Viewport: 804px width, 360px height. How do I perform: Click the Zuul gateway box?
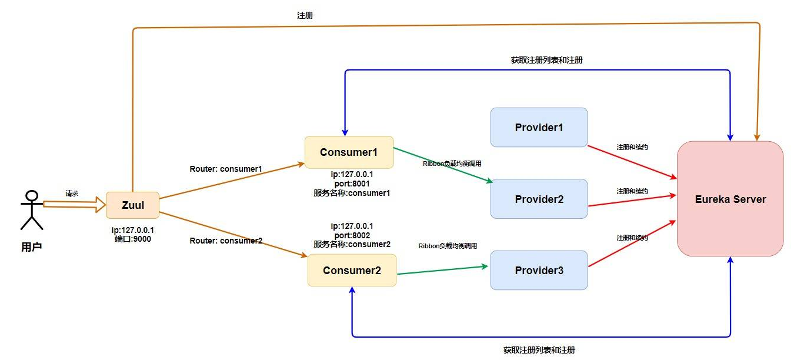(x=132, y=205)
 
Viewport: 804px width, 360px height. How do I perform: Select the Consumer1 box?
(x=349, y=152)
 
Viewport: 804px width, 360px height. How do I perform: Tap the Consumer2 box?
(x=352, y=270)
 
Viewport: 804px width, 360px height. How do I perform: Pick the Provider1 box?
(x=539, y=128)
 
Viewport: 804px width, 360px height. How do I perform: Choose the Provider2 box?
(x=539, y=199)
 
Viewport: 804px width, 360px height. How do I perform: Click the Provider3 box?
(x=539, y=270)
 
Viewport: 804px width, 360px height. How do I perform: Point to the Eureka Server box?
(x=730, y=199)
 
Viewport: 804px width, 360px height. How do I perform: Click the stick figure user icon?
(x=32, y=210)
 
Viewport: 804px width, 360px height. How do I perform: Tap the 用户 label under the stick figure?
(x=32, y=247)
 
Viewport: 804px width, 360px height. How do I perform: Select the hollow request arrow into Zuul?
(x=74, y=204)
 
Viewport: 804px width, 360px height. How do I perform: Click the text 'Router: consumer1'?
(x=226, y=169)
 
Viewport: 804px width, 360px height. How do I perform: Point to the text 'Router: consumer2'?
(x=226, y=241)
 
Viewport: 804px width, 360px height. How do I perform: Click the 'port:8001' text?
(x=352, y=184)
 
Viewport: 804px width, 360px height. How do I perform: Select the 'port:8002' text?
(x=352, y=235)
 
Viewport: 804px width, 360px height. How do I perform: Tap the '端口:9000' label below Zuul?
(x=133, y=239)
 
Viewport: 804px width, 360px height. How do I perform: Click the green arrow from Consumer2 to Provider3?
(x=442, y=270)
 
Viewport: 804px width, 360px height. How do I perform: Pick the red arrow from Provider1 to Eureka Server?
(x=632, y=162)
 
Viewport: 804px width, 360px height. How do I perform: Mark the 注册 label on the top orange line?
(x=305, y=15)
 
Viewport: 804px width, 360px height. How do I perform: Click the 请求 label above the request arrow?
(x=72, y=194)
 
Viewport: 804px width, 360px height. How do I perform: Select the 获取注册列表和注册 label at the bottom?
(x=539, y=350)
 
